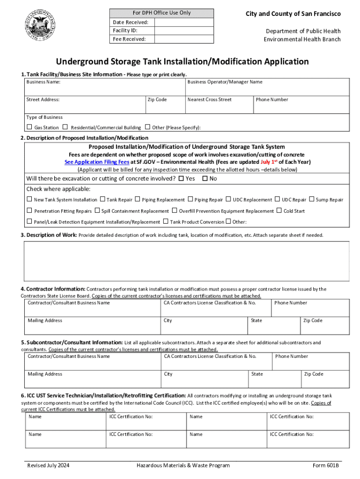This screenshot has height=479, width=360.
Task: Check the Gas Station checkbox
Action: pos(29,127)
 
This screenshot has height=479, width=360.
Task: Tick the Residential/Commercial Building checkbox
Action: pos(65,127)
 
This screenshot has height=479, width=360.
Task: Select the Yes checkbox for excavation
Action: pos(181,178)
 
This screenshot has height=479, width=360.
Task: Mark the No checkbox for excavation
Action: pos(204,178)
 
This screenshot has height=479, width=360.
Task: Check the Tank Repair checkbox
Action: pos(102,199)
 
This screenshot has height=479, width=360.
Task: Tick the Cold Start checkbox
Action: pos(279,210)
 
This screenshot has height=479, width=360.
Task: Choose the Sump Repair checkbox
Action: pos(312,199)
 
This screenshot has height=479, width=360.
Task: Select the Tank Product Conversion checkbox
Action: pos(166,222)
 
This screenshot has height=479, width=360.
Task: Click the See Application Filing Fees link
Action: pos(97,162)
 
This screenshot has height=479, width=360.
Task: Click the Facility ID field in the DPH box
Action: pos(184,30)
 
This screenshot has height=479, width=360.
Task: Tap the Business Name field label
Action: pos(43,82)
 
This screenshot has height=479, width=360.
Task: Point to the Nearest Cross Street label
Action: pos(209,100)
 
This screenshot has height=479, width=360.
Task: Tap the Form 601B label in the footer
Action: pos(326,465)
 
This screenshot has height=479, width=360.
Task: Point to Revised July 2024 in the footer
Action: pos(49,465)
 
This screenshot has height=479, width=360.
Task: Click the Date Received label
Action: pos(130,22)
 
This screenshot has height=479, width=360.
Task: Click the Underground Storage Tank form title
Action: pos(182,62)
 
